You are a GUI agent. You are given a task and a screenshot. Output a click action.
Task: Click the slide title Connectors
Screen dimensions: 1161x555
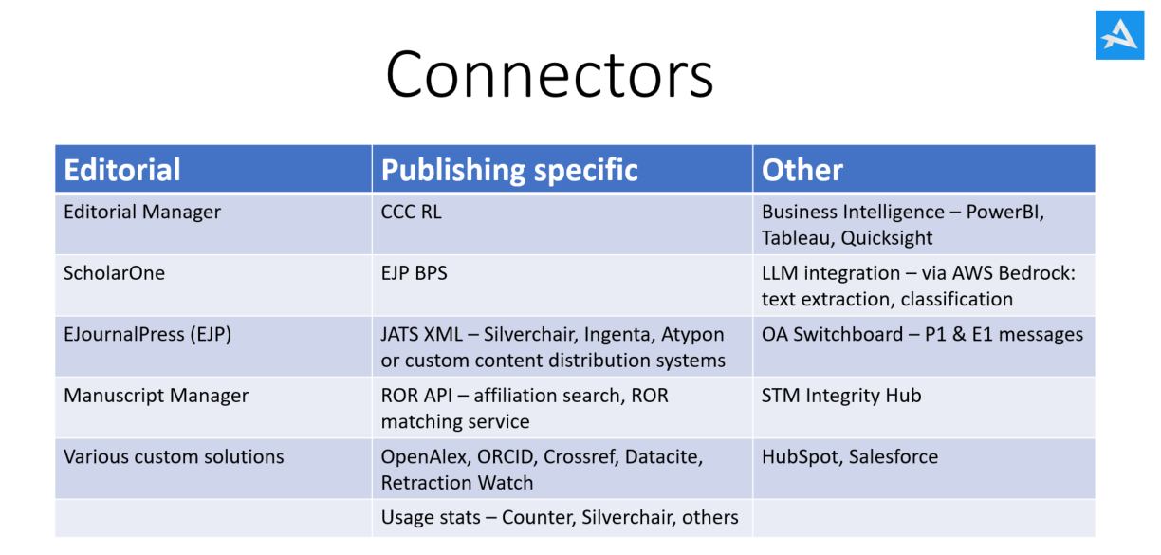coord(549,75)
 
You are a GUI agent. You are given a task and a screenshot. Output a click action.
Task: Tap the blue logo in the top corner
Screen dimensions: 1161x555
coord(1119,35)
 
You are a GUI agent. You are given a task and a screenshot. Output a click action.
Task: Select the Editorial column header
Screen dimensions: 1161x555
coord(121,170)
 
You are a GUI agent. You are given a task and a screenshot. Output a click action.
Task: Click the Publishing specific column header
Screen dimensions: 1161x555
coord(509,171)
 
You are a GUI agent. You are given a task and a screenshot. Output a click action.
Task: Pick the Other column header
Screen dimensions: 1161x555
coord(802,170)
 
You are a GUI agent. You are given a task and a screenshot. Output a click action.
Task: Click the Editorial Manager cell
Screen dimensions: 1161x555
coord(142,212)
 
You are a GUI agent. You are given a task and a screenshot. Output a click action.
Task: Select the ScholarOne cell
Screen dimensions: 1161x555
coord(114,273)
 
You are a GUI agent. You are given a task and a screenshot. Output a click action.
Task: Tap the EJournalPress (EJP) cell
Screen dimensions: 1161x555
coord(147,335)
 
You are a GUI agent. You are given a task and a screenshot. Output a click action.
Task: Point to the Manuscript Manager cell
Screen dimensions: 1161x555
coord(156,396)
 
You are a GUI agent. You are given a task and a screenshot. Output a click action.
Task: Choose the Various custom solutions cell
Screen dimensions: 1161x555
coord(174,456)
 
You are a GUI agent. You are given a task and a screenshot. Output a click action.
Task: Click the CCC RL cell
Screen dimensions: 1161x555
coord(411,212)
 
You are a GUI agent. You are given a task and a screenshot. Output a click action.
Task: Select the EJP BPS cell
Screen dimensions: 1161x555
coord(414,273)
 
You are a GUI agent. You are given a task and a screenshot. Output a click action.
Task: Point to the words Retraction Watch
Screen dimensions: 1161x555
coord(456,483)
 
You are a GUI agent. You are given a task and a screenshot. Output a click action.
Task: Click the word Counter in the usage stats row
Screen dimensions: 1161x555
coord(538,518)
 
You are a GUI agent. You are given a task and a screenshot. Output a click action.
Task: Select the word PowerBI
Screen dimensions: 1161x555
coord(1004,213)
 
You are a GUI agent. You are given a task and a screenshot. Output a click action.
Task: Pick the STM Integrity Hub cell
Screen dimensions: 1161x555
coord(841,396)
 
